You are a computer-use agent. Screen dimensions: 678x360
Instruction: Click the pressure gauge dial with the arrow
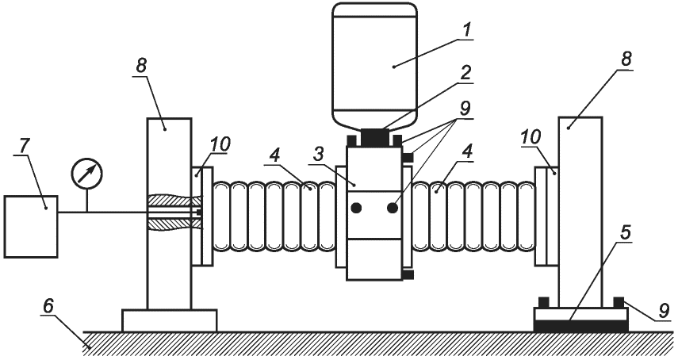(87, 174)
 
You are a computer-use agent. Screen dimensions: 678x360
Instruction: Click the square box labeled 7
(31, 227)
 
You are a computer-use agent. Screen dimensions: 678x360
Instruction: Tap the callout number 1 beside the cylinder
(465, 30)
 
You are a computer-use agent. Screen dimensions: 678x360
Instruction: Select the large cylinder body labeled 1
(374, 65)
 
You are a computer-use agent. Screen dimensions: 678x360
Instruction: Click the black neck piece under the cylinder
(374, 138)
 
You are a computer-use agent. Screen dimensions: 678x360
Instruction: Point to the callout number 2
(465, 73)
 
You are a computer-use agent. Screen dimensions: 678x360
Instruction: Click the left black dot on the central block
(356, 209)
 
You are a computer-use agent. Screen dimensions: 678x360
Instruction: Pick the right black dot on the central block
(393, 209)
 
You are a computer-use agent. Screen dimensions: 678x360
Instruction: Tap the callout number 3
(318, 155)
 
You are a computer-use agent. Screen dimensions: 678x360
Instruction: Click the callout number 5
(625, 232)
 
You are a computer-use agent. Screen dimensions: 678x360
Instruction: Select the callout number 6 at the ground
(48, 306)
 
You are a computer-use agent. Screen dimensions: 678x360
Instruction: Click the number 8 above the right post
(626, 59)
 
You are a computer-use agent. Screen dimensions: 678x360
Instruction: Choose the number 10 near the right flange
(531, 137)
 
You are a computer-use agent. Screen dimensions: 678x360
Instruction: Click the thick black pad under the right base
(581, 326)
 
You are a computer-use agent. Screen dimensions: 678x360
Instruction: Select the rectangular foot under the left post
(169, 320)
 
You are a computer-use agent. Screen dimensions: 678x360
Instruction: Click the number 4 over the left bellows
(276, 156)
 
